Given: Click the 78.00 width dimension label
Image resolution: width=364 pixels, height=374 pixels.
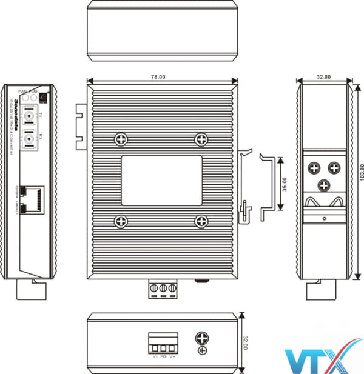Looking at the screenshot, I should pos(158,77).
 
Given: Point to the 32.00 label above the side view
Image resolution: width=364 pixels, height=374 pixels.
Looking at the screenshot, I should pos(324,77).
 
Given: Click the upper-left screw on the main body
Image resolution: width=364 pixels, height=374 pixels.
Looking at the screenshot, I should pos(121,139).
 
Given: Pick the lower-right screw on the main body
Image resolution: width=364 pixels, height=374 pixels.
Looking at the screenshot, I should pos(200,221).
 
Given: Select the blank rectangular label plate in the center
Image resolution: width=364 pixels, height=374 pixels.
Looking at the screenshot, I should pos(161,180).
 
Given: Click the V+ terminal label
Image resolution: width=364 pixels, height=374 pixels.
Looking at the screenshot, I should pos(172,357).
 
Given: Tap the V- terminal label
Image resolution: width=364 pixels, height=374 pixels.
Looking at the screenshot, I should pos(155,357).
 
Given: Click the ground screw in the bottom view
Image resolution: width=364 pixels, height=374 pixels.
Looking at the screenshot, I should pos(201,339).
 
